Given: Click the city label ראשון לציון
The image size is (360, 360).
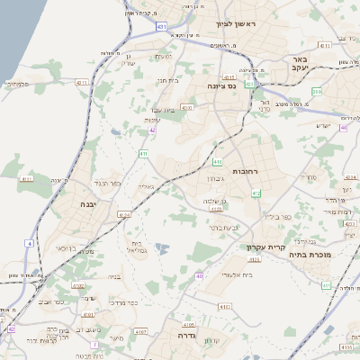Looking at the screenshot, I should [236, 23].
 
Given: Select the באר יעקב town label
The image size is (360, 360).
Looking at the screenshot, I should [300, 65].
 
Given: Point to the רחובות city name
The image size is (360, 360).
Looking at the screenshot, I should [245, 169].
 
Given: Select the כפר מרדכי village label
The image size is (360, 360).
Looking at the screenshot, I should [125, 302].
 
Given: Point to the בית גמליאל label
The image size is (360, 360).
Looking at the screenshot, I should [137, 246].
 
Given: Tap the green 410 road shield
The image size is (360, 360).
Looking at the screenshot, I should [218, 162].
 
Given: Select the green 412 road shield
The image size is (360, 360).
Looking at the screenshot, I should [256, 193].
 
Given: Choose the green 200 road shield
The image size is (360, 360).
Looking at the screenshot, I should [317, 92].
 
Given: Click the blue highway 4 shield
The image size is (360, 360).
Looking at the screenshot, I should [29, 243].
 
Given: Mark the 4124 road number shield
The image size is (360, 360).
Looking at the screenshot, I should [124, 215].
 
